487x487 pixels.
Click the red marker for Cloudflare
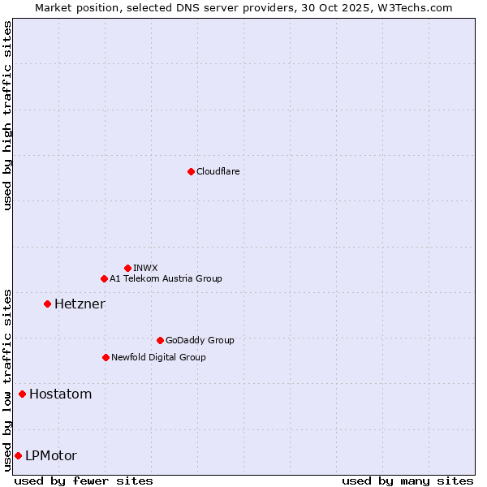(x=191, y=171)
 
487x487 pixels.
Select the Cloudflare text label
(x=218, y=171)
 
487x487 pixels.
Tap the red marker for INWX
(x=127, y=268)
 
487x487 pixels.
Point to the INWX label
(x=145, y=268)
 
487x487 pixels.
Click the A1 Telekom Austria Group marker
(x=104, y=278)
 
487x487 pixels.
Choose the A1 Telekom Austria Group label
(x=166, y=278)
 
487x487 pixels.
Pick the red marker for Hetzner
(x=47, y=304)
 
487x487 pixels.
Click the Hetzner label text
(x=80, y=304)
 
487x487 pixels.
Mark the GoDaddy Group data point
(x=160, y=340)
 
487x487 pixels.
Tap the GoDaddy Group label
(x=199, y=340)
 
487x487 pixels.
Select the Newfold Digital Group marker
(x=106, y=357)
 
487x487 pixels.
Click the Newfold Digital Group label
(x=158, y=357)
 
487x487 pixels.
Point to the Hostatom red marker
(x=22, y=394)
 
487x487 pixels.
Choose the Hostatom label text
(x=60, y=394)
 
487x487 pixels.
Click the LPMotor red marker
(x=18, y=455)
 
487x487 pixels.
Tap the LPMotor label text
(x=50, y=455)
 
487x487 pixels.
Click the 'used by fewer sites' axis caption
(x=84, y=481)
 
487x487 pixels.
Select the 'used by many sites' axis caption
(x=407, y=481)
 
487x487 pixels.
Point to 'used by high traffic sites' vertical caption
(x=7, y=115)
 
